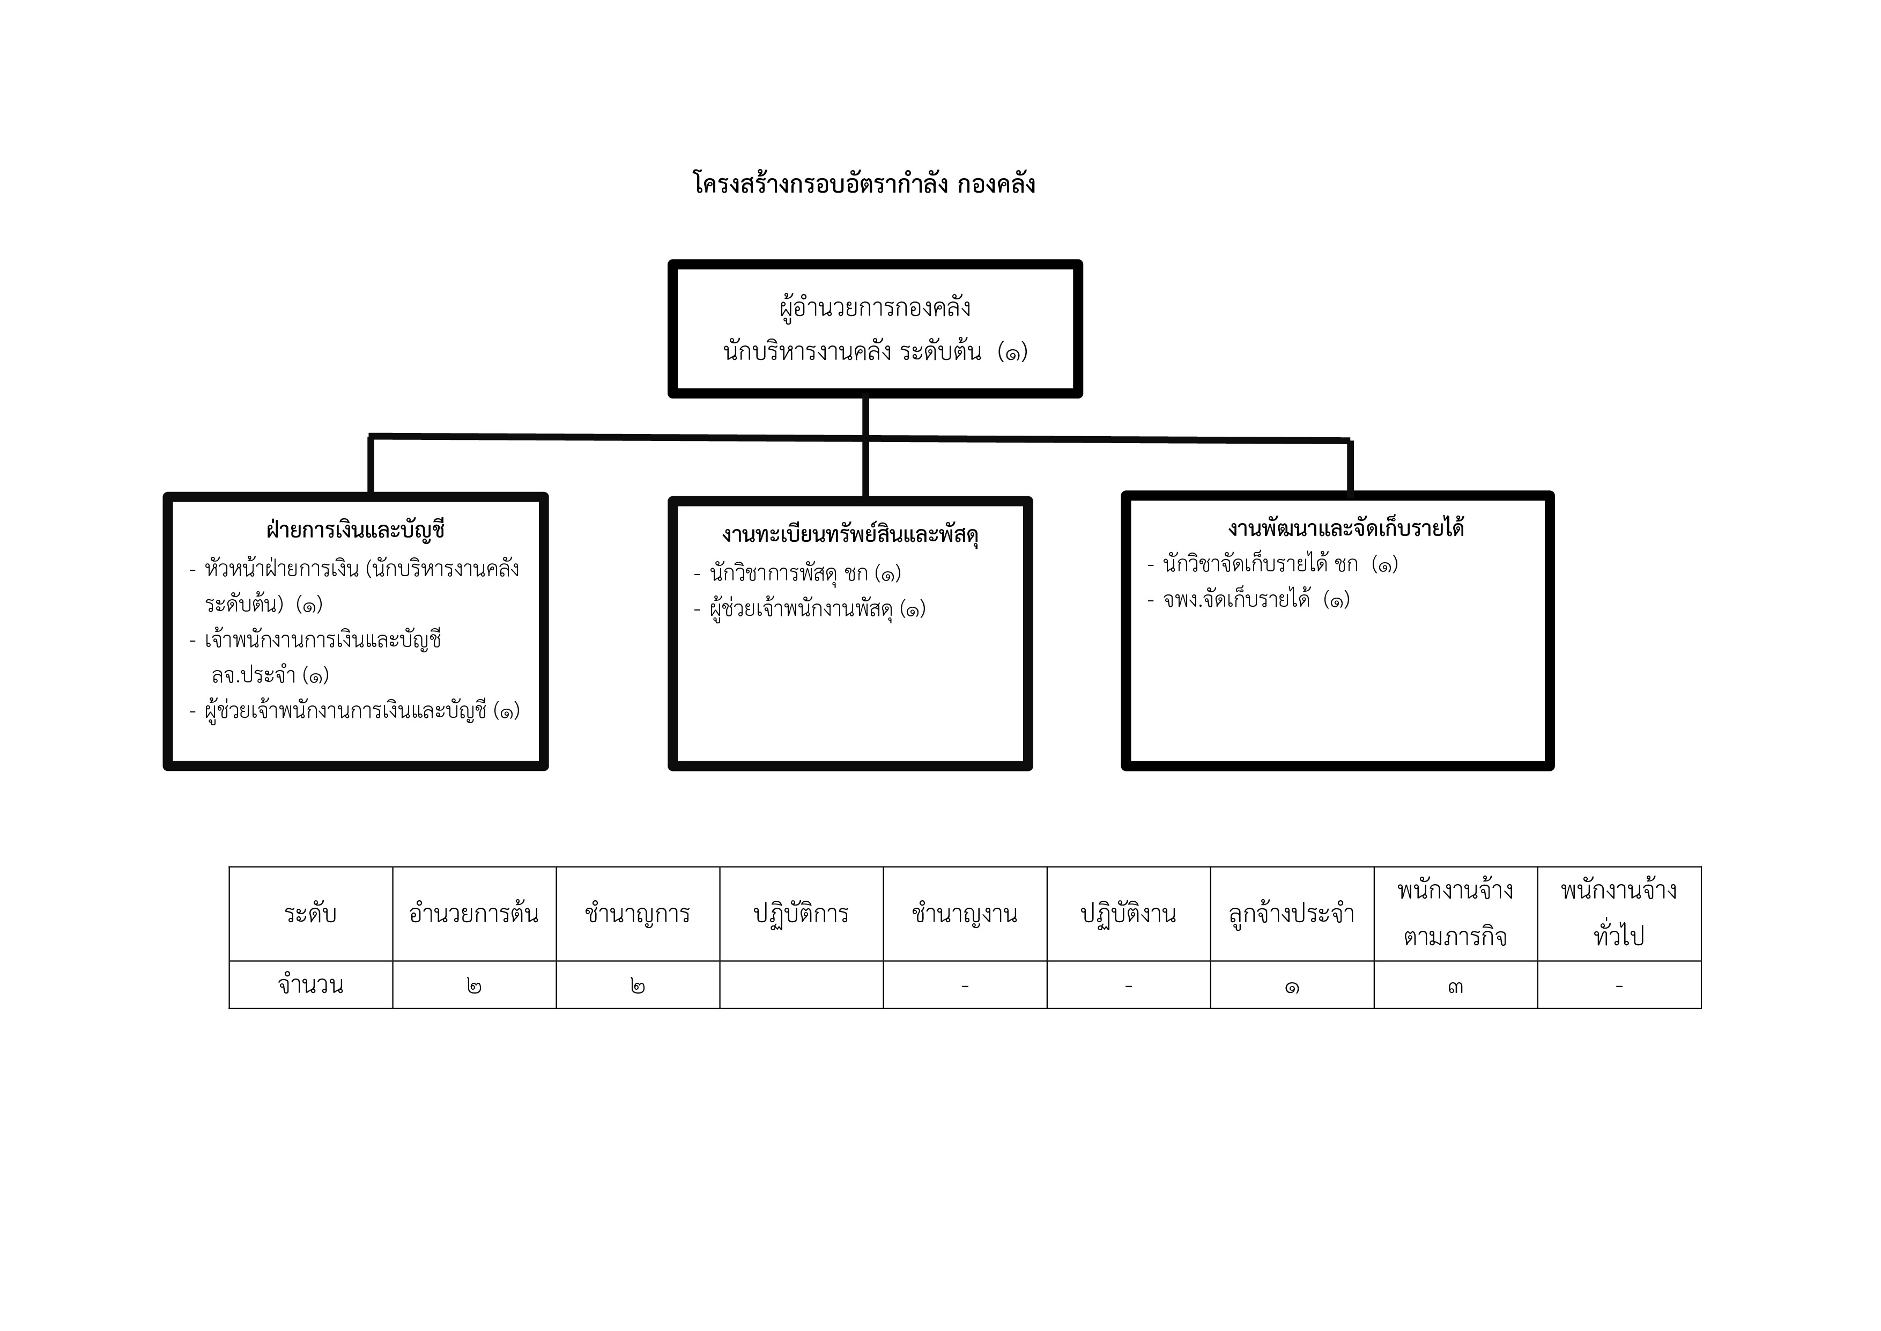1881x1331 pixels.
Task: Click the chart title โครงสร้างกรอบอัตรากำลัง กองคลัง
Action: tap(864, 183)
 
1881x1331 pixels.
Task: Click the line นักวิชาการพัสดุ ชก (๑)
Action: tap(797, 573)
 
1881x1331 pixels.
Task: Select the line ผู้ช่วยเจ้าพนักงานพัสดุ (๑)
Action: tap(810, 609)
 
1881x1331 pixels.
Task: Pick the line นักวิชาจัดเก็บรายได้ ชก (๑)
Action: tap(1272, 564)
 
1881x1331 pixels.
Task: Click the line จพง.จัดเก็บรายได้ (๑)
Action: tap(1248, 599)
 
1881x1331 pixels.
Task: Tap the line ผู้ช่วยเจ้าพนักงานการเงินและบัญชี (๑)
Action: tap(355, 710)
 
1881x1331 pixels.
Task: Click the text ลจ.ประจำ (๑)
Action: tap(270, 674)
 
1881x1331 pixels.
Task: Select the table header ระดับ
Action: tap(310, 914)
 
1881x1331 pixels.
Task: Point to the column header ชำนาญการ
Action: tap(638, 914)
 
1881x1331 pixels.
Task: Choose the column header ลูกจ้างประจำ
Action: tap(1292, 914)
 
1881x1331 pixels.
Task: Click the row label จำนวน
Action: tap(310, 984)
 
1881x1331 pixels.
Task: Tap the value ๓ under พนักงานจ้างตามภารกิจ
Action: tap(1455, 986)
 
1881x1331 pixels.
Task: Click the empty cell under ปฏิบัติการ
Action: tap(801, 984)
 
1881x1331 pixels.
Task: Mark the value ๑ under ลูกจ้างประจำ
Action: tap(1292, 986)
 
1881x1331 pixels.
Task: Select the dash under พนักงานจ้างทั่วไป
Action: tap(1619, 985)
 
